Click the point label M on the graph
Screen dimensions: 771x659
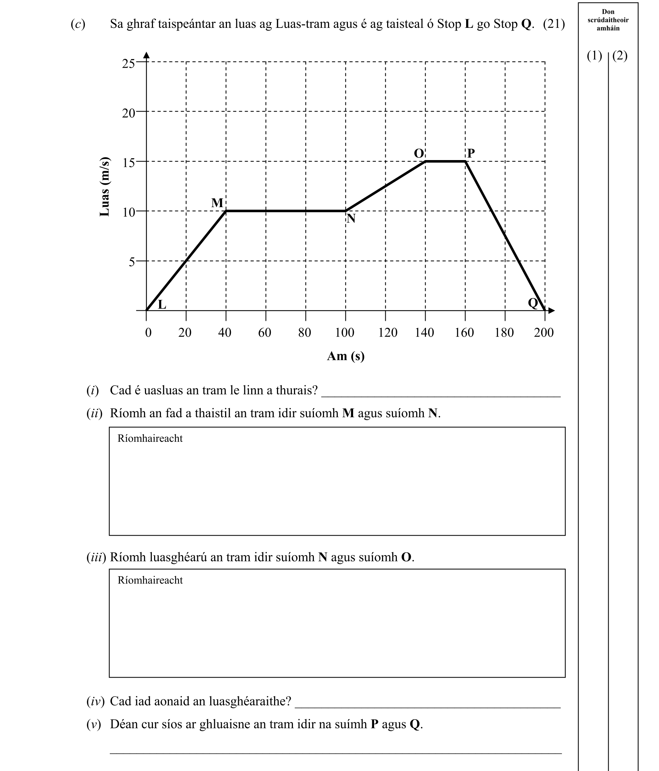[217, 203]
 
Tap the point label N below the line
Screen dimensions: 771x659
[351, 219]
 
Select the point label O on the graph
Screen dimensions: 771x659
[419, 153]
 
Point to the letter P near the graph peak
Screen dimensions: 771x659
[471, 153]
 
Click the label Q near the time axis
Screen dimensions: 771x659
[533, 303]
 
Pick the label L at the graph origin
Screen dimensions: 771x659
[162, 305]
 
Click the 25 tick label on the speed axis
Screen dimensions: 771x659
[128, 64]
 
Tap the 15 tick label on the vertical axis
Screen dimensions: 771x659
[128, 163]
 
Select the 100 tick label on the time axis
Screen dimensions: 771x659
[345, 332]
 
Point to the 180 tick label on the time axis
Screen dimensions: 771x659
[504, 332]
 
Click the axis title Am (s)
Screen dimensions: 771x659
[345, 356]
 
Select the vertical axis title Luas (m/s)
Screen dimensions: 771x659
[105, 187]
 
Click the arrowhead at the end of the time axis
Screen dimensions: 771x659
[552, 310]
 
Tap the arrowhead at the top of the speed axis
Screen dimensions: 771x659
[146, 55]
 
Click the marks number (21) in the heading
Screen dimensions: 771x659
[554, 24]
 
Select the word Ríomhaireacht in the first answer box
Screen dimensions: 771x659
[150, 438]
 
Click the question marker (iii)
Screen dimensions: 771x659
[96, 557]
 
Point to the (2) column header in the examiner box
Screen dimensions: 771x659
[619, 55]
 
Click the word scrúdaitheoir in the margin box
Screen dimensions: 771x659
[608, 20]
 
